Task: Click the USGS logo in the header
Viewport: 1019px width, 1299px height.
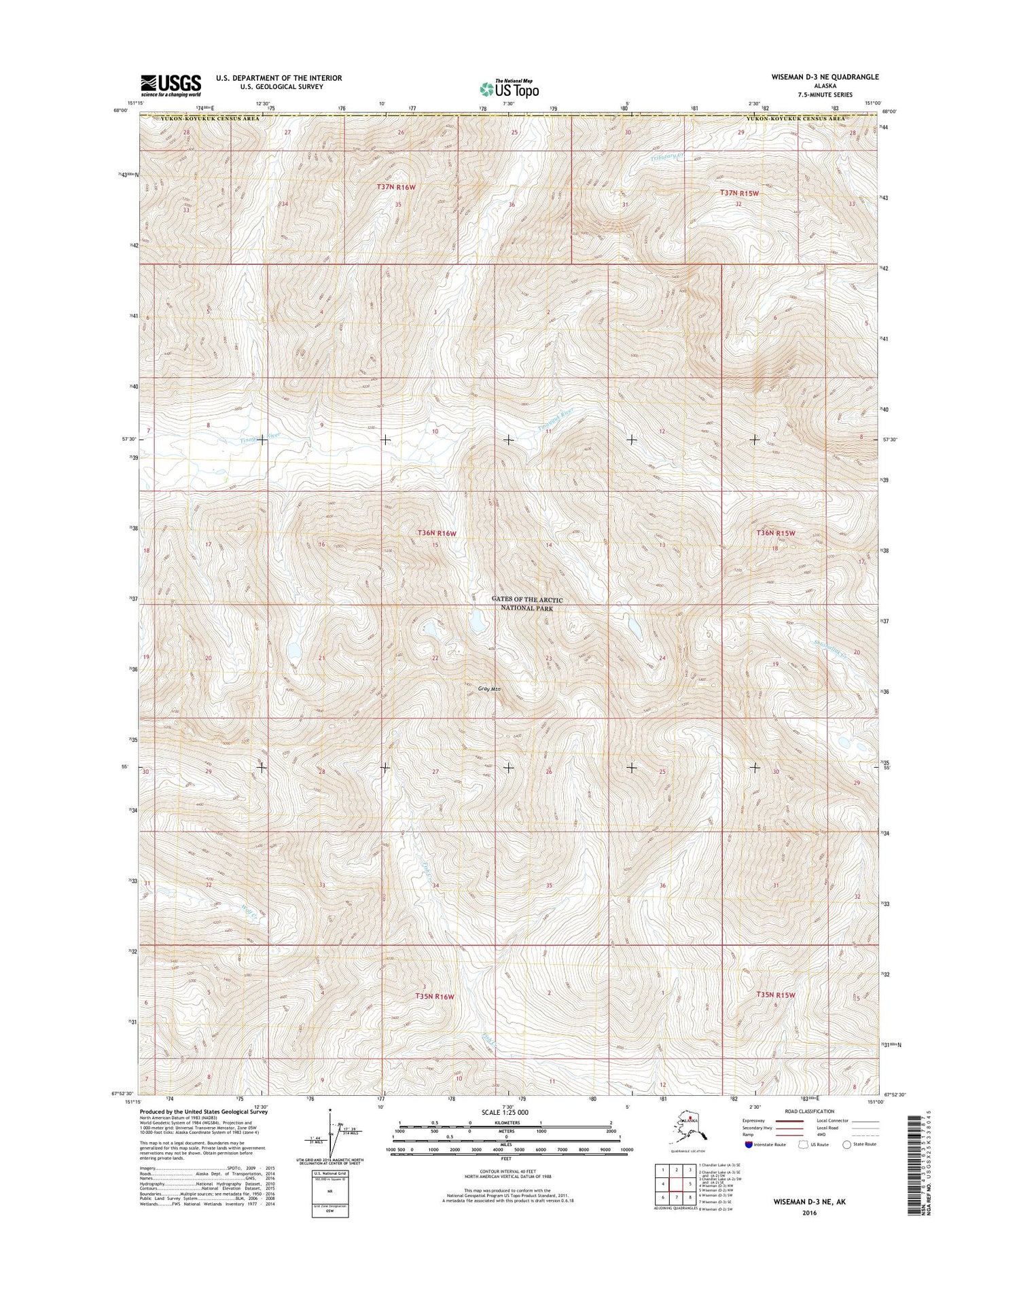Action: click(171, 85)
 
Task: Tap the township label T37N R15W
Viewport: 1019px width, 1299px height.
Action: click(739, 193)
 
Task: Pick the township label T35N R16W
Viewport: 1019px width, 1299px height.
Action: click(434, 996)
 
